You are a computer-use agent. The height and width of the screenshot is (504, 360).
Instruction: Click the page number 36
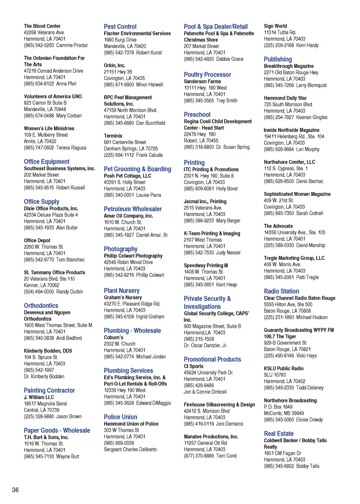[x=15, y=490]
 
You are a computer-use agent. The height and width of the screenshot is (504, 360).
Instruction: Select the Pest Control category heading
[x=120, y=27]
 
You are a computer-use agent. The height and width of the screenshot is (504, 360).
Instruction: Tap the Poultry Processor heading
[x=207, y=75]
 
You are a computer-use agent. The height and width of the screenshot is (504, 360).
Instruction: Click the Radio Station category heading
[x=281, y=291]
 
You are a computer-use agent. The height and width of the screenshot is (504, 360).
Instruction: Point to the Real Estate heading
[x=279, y=433]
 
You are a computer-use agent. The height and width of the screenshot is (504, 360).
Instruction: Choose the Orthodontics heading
[x=41, y=306]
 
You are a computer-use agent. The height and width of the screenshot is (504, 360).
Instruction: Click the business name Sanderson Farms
[x=202, y=81]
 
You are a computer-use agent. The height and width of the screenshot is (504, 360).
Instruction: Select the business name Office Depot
[x=37, y=240]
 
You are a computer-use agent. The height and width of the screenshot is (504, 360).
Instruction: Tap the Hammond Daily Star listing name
[x=285, y=98]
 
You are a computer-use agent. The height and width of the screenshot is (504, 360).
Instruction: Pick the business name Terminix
[x=113, y=136]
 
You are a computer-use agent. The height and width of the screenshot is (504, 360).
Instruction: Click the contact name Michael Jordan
[x=151, y=357]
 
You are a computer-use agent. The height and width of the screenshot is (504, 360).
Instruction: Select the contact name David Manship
[x=310, y=245]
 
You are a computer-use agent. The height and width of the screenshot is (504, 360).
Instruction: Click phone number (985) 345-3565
[x=199, y=100]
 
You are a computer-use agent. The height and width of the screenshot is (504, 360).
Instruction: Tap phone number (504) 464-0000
[x=39, y=291]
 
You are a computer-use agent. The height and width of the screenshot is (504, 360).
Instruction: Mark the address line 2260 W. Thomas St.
[x=44, y=247]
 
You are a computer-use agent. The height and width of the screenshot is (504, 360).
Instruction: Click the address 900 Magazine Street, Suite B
[x=212, y=326]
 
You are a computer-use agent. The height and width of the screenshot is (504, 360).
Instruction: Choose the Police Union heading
[x=120, y=417]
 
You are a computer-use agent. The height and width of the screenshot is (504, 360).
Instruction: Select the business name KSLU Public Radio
[x=283, y=369]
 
